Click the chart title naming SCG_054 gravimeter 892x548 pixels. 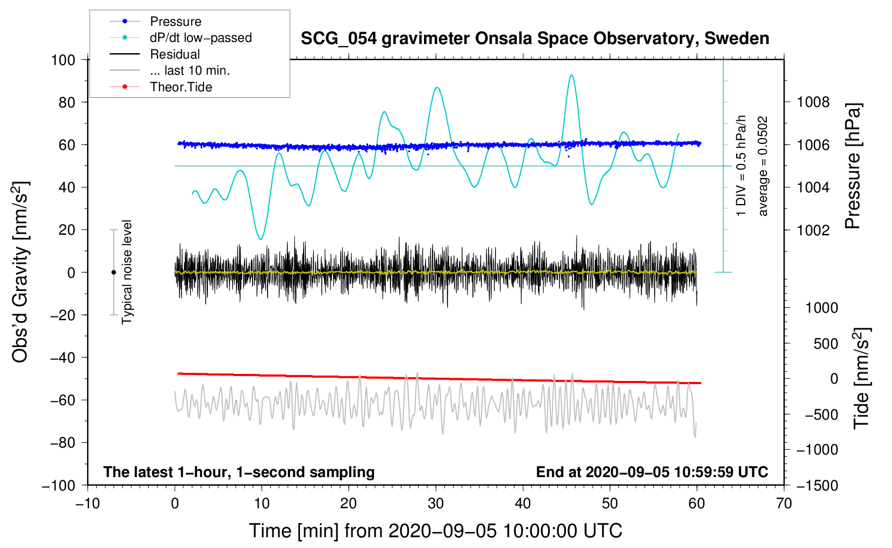tap(535, 39)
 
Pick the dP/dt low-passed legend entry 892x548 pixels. tap(200, 38)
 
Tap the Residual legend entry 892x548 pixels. tap(175, 54)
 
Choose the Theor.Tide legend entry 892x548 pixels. tap(181, 87)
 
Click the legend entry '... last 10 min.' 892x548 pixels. tap(190, 70)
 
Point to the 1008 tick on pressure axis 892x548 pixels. tap(813, 102)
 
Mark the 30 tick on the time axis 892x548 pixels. tap(436, 503)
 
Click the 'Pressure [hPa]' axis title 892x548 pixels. tap(853, 167)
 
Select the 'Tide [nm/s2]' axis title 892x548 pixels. tap(862, 378)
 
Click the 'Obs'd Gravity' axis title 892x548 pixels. tap(20, 272)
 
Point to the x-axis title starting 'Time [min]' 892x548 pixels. tap(435, 531)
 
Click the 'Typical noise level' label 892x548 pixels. tap(127, 272)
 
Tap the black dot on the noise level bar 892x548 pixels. tap(113, 272)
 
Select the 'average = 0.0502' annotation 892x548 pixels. tap(763, 167)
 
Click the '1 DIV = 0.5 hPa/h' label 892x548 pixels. tap(742, 165)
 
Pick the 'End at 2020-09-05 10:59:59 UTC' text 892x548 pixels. tap(652, 472)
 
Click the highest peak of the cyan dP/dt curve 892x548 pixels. tap(571, 75)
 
